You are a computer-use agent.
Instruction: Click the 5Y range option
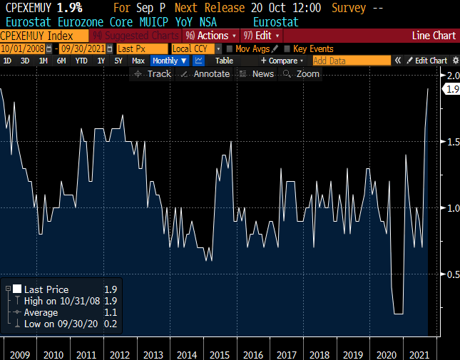point(118,61)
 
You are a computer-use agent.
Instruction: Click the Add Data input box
point(350,61)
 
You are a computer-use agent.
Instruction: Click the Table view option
point(224,61)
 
